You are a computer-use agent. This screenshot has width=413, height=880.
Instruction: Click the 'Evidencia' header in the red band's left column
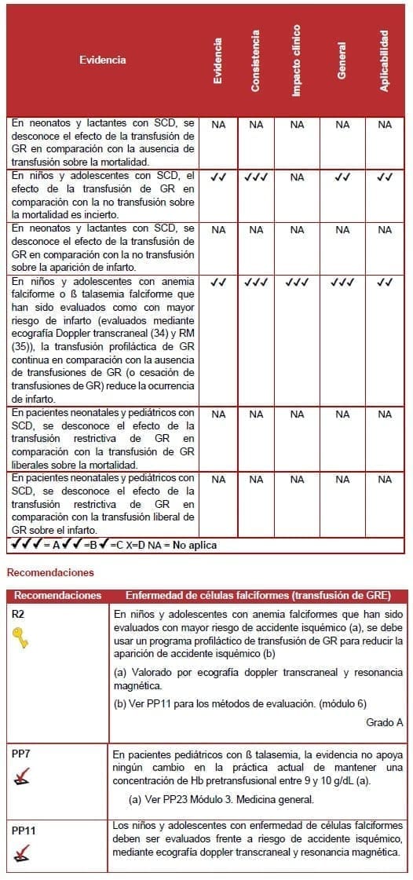102,60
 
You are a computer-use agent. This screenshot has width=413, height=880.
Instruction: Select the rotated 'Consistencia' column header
256,60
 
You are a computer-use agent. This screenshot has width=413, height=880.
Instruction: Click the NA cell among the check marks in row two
297,178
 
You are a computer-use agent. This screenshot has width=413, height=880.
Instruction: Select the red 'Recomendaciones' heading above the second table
50,573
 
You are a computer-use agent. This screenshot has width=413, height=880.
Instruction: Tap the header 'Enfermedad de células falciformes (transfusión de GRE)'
257,596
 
